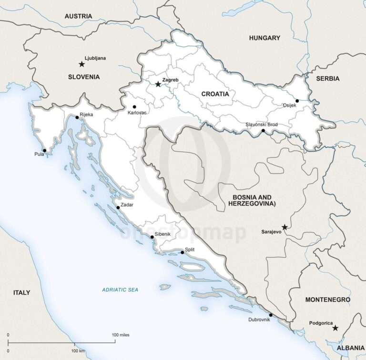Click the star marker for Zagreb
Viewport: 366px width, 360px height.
pos(158,84)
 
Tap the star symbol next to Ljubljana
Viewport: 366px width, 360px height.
pos(82,64)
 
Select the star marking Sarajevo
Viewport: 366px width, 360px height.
pos(285,227)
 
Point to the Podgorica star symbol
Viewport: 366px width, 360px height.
pos(335,328)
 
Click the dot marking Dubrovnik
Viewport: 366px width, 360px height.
pos(271,315)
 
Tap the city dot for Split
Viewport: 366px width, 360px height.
pos(182,252)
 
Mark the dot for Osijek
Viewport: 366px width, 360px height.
pos(297,101)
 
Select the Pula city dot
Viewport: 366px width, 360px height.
pos(44,150)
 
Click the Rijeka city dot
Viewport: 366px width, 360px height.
pos(77,117)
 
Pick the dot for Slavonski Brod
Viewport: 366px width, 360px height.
pos(263,130)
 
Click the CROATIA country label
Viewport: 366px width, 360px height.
pos(215,94)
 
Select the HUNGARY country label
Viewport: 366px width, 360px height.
pos(264,38)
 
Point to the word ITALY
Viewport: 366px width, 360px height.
pos(21,292)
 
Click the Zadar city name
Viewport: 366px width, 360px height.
pos(127,205)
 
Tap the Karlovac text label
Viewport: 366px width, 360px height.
pos(137,113)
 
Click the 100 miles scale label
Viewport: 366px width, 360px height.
pos(121,335)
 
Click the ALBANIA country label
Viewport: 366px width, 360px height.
pos(350,348)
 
